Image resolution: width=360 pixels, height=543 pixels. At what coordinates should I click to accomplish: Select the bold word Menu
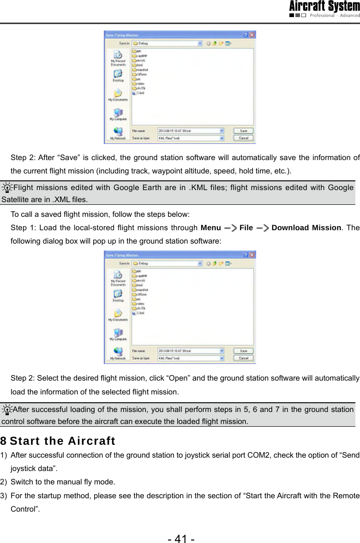[x=210, y=228]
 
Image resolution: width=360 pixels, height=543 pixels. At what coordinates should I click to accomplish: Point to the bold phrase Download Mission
[x=306, y=228]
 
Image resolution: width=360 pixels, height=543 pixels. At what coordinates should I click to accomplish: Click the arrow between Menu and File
[x=229, y=228]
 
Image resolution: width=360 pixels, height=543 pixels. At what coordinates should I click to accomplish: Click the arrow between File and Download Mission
[x=262, y=228]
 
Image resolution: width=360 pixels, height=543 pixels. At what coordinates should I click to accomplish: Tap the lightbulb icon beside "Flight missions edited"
[x=7, y=188]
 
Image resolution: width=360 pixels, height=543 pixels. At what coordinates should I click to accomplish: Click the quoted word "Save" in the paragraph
[x=56, y=158]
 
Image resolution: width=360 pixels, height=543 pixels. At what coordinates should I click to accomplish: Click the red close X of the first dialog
[x=252, y=35]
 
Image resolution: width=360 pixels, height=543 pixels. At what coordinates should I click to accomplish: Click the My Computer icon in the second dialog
[x=118, y=333]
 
